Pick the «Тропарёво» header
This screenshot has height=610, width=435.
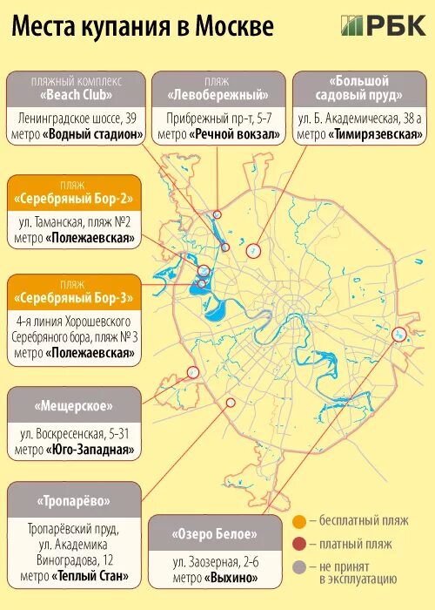pos(75,502)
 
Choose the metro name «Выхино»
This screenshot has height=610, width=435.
pos(232,578)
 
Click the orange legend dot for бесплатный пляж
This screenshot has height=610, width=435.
pos(299,521)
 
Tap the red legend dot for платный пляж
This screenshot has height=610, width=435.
pos(299,545)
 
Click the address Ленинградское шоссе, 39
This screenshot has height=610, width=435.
pos(77,117)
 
